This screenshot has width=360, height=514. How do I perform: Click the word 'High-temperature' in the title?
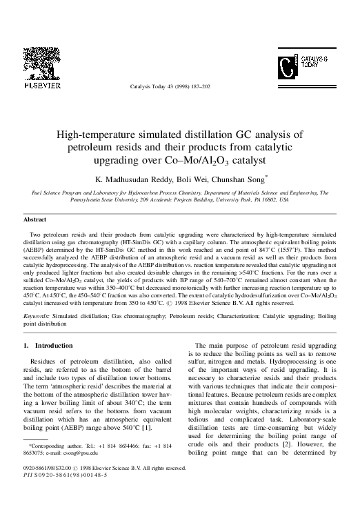click(x=95, y=135)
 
